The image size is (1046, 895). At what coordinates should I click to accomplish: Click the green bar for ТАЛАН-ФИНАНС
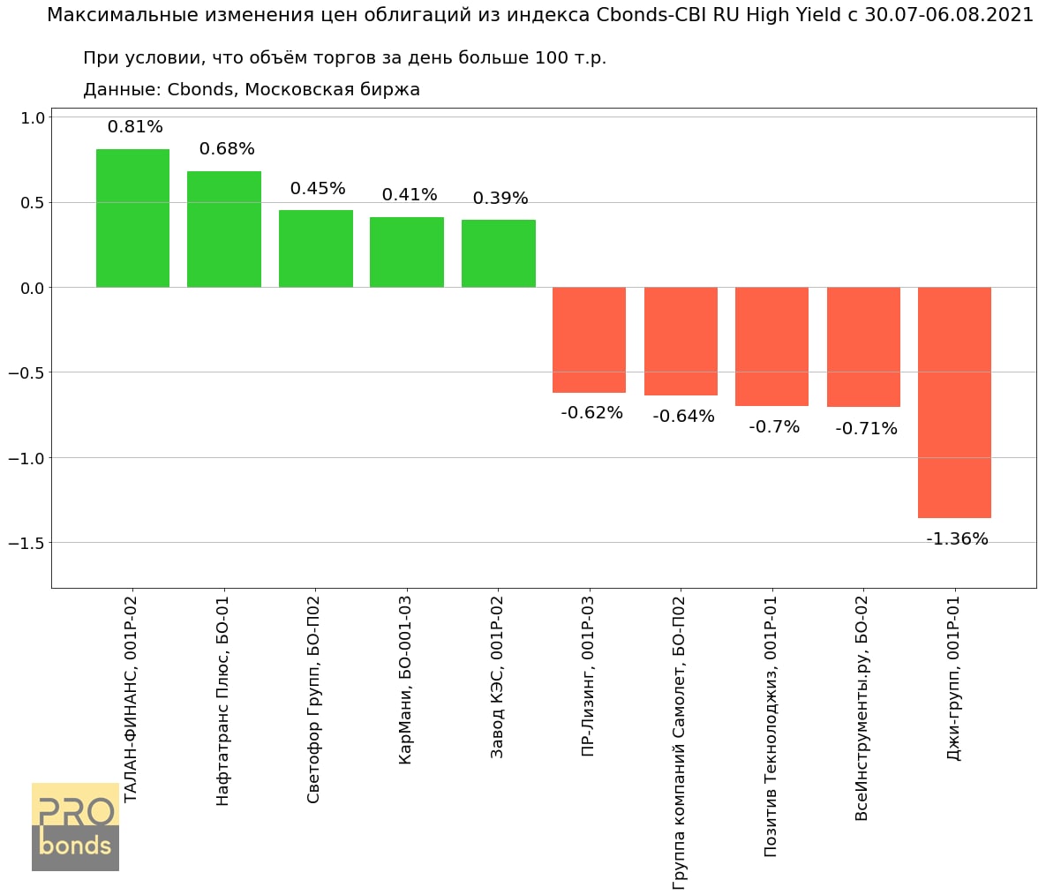132,218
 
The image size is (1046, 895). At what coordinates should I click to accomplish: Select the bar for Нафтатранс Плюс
224,229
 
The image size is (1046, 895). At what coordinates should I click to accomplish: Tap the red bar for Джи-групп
954,402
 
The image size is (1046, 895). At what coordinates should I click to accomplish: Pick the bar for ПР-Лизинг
589,340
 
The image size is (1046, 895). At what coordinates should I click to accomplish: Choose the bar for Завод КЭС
498,253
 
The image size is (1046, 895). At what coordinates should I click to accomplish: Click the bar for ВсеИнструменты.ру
863,347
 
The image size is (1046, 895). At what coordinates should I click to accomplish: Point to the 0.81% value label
135,127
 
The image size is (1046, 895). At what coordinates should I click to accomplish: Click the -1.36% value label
957,539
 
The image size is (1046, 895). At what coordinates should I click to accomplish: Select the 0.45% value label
318,189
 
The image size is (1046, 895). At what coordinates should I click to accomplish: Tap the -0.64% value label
683,417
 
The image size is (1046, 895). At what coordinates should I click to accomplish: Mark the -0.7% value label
774,427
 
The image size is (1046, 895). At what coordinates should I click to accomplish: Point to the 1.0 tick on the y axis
34,117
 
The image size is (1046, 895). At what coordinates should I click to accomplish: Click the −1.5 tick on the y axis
26,543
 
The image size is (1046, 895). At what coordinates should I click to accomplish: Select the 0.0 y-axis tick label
34,288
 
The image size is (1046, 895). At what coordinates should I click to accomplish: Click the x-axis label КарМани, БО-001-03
406,680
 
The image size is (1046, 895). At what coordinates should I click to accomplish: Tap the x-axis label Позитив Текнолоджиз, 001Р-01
771,726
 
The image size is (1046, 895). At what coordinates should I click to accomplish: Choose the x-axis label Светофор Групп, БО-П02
314,699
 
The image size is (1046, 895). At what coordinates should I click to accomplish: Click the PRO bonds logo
75,826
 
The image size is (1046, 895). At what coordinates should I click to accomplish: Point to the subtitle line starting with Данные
251,90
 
